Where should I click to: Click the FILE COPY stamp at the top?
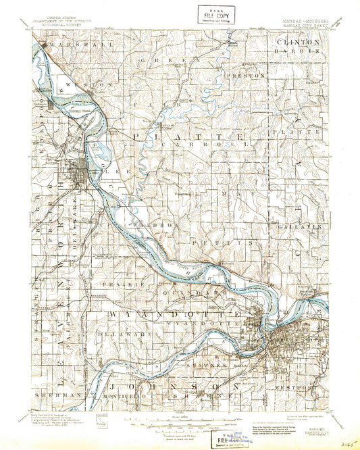211,14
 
